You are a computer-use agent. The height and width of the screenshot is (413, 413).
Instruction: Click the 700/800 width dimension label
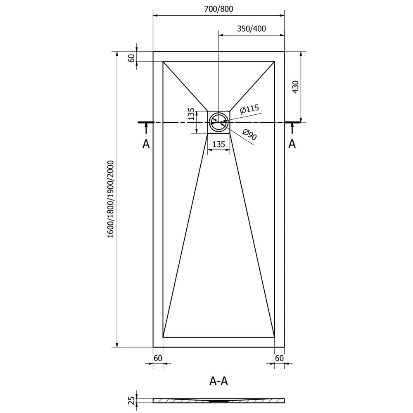click(218, 9)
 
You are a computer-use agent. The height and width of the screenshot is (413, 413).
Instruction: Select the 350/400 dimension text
click(251, 28)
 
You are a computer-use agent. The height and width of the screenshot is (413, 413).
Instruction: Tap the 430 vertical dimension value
click(295, 87)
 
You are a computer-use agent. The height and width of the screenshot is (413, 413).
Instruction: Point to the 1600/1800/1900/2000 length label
click(110, 199)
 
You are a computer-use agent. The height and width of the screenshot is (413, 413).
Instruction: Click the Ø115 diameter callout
click(249, 109)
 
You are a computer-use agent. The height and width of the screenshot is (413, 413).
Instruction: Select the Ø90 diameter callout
click(249, 135)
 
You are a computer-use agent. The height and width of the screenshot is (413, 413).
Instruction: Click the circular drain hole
click(218, 122)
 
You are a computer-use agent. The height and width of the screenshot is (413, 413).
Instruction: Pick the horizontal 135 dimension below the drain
click(218, 144)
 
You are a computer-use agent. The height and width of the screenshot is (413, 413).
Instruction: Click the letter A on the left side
click(145, 144)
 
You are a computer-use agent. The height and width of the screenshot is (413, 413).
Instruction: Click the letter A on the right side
click(292, 144)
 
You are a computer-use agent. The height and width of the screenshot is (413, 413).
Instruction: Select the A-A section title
click(218, 381)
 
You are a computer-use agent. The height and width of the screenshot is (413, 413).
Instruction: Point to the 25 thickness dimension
click(132, 400)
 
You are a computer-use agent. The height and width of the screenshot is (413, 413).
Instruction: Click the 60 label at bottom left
click(158, 358)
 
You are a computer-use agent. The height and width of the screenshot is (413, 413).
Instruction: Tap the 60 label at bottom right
click(279, 358)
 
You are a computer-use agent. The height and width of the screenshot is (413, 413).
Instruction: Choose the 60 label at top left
click(131, 58)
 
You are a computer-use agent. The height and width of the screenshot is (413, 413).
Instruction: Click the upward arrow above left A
click(145, 129)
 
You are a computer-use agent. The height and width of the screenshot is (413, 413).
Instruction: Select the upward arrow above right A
click(292, 129)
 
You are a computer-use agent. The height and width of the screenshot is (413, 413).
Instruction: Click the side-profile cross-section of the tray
click(218, 400)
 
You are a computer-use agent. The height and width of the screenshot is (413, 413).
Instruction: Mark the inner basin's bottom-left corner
click(163, 337)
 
